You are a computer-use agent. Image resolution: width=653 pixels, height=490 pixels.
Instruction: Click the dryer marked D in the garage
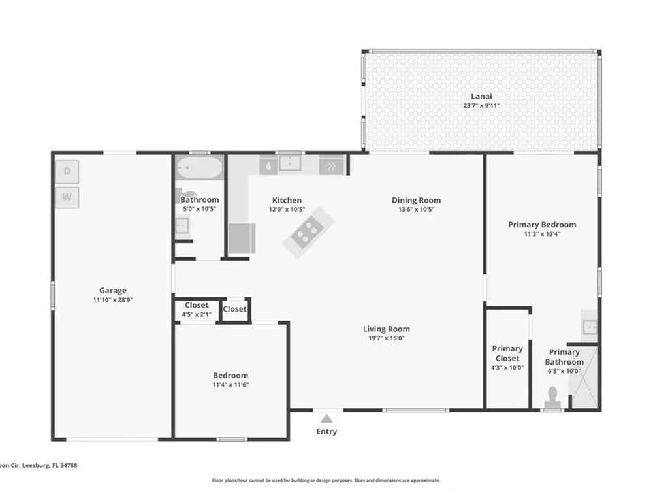tap(67, 171)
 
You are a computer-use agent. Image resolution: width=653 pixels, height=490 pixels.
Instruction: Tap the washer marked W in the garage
tap(67, 197)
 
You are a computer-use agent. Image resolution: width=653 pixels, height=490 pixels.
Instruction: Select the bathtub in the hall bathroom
tap(199, 168)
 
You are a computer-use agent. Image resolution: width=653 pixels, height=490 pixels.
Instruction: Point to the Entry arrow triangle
tap(327, 419)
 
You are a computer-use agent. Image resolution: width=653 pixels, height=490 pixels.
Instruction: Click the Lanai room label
tap(481, 96)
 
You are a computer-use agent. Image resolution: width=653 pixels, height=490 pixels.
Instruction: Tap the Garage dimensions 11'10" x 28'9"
tap(113, 300)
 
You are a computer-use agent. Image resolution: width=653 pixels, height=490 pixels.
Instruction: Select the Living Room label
tap(387, 329)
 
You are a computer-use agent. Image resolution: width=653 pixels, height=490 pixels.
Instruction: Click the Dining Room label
tap(417, 200)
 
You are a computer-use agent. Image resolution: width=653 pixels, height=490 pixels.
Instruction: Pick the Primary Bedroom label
tap(542, 225)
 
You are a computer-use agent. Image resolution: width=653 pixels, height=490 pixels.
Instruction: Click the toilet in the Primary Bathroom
tap(552, 398)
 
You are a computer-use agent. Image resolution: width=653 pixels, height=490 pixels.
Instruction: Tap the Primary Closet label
tap(507, 353)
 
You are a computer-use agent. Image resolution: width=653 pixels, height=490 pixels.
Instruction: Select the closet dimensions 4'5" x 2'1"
tap(197, 315)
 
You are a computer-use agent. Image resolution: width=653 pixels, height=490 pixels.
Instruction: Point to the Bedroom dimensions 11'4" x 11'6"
tap(231, 385)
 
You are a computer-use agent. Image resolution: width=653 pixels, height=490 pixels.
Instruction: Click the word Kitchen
tap(287, 200)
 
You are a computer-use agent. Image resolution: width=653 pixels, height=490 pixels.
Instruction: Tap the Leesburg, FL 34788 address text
tap(50, 465)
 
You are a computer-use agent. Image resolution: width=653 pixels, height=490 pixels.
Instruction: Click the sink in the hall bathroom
tap(182, 226)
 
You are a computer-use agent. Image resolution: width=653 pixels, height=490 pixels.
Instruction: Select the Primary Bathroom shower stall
tap(585, 377)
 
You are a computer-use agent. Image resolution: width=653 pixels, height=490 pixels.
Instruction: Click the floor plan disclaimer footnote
tap(326, 480)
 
